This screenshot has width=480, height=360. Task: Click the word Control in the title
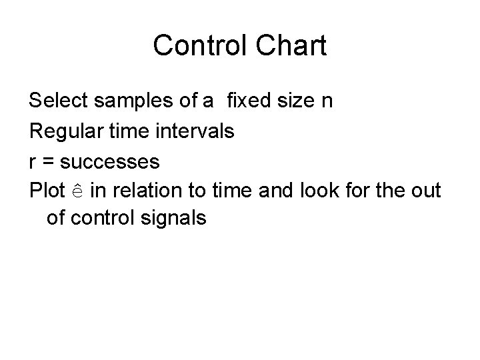195,46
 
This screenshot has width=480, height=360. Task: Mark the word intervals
197,131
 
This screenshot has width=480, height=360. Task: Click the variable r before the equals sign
33,161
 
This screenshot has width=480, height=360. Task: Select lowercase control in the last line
107,217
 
